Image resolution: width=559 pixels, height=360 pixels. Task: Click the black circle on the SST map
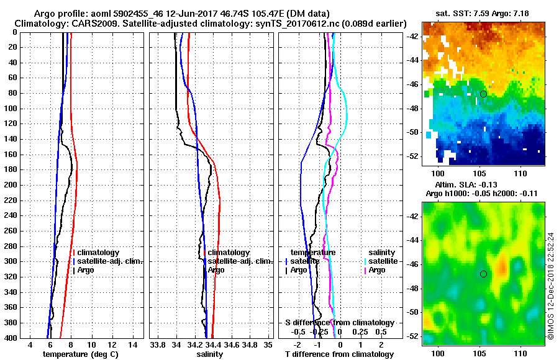click(x=483, y=94)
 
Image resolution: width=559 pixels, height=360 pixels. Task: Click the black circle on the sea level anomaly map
click(x=483, y=274)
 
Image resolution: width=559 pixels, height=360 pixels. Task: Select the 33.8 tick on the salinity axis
click(x=158, y=344)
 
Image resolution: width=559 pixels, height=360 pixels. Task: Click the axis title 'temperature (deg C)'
click(x=80, y=354)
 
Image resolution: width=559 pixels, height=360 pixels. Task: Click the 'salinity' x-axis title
click(x=209, y=354)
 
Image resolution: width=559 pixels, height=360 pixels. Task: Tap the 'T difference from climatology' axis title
click(x=339, y=354)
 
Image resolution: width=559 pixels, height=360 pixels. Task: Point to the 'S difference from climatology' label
click(x=339, y=323)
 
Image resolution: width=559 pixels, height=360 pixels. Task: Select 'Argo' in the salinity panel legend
click(x=216, y=270)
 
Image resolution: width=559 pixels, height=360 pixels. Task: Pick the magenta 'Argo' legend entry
click(x=377, y=270)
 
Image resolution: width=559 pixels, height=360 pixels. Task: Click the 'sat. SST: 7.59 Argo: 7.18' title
click(x=483, y=13)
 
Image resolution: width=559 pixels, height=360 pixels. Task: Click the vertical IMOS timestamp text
click(x=550, y=286)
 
